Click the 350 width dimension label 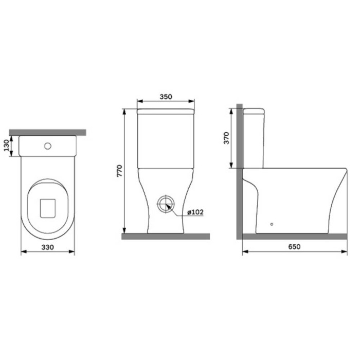pyautogui.click(x=166, y=97)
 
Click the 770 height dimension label pyautogui.click(x=120, y=171)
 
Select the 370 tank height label pyautogui.click(x=226, y=138)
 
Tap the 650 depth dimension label pyautogui.click(x=294, y=246)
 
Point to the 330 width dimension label pyautogui.click(x=47, y=247)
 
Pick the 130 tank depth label pyautogui.click(x=6, y=146)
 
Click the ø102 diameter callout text pyautogui.click(x=195, y=212)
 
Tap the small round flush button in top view pyautogui.click(x=48, y=146)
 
